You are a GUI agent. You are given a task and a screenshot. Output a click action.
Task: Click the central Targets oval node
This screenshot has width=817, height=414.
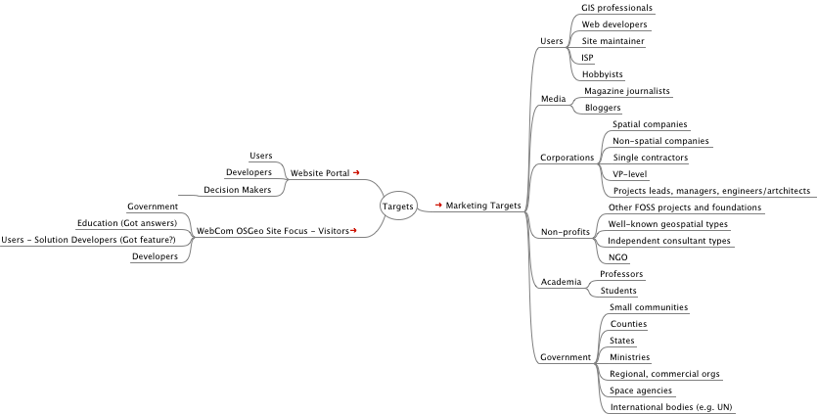[396, 206]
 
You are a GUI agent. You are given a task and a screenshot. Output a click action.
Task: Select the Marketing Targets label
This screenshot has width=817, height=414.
[482, 206]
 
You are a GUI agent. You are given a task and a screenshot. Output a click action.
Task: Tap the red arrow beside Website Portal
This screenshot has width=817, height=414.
[356, 172]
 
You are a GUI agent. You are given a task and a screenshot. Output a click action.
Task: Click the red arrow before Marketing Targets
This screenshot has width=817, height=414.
[438, 206]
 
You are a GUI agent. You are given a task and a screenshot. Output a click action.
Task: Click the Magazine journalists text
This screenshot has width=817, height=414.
[626, 90]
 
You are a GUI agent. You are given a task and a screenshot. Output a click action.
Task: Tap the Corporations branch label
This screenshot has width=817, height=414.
[567, 157]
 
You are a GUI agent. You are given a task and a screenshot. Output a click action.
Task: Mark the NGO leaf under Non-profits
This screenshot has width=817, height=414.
[617, 256]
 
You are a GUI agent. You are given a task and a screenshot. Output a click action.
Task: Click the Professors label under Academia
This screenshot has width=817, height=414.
[622, 274]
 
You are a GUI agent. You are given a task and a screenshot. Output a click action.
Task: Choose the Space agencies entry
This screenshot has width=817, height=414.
[640, 390]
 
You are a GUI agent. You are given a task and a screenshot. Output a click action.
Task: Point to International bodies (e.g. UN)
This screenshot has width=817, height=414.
[670, 406]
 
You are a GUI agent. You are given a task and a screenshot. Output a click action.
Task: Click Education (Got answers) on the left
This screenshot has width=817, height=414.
[128, 223]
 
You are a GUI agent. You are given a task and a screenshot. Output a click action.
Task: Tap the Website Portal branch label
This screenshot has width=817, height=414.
[320, 172]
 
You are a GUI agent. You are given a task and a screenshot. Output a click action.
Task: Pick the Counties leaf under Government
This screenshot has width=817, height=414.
[628, 323]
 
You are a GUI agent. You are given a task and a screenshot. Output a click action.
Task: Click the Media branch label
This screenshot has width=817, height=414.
[554, 99]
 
